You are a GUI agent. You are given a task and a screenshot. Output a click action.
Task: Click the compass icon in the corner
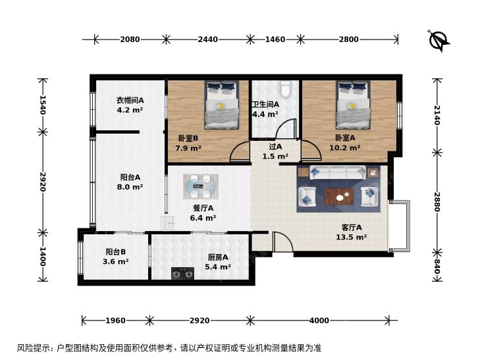(x=439, y=41)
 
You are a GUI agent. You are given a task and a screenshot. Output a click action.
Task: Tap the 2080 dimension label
(x=130, y=39)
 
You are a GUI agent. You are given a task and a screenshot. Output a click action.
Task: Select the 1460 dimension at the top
(x=275, y=39)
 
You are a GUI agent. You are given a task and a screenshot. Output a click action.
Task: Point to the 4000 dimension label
(x=319, y=321)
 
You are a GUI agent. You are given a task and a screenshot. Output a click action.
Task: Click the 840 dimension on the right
(x=437, y=267)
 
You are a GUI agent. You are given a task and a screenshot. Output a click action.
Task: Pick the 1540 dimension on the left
(x=43, y=105)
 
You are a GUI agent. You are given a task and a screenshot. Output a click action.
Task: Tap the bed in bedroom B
(x=222, y=105)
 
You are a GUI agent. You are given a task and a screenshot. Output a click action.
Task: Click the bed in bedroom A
(x=354, y=105)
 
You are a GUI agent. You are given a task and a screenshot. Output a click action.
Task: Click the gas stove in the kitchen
(x=182, y=273)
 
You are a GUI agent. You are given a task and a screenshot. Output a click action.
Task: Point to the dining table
(x=201, y=186)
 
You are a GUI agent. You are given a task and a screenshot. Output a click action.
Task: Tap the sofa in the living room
(x=338, y=173)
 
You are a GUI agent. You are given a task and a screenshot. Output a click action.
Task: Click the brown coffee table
(x=339, y=197)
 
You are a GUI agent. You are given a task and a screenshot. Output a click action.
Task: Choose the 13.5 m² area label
(x=352, y=237)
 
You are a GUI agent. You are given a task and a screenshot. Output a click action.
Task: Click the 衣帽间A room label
(x=130, y=100)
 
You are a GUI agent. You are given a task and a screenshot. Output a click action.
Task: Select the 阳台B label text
(x=116, y=251)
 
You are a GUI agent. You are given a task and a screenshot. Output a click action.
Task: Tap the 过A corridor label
(x=275, y=147)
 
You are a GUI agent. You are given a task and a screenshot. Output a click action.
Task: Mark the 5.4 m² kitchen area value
(x=218, y=267)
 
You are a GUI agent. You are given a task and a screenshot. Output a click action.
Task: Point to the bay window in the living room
(x=399, y=226)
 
